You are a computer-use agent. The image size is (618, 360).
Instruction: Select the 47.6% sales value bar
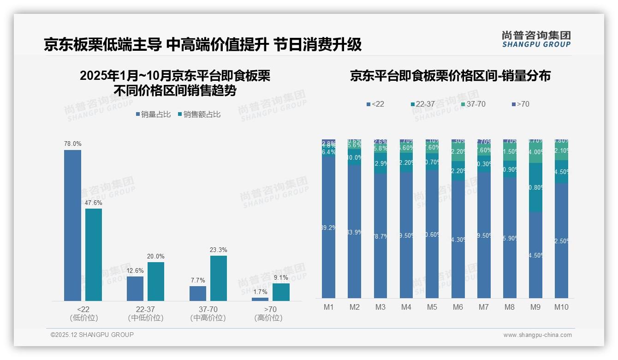click(94, 255)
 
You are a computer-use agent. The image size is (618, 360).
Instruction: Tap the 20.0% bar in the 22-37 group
click(156, 282)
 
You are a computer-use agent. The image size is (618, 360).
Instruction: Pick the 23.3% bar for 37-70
click(219, 278)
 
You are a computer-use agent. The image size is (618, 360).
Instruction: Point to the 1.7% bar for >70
click(260, 300)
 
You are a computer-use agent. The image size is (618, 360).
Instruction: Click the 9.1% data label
click(281, 278)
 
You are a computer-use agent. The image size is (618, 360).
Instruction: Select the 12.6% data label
click(135, 271)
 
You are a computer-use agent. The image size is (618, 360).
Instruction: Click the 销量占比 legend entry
click(153, 114)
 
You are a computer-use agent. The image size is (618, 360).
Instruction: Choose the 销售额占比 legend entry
click(199, 114)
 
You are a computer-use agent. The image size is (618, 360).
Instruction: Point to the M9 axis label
click(535, 307)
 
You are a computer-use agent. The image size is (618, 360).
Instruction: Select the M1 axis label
click(329, 307)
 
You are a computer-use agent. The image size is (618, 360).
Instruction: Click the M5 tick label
click(432, 307)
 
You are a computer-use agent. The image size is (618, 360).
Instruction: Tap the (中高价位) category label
click(208, 318)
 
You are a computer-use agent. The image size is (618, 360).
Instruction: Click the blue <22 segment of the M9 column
click(535, 255)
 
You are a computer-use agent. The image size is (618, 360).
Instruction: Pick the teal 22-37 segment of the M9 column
click(535, 187)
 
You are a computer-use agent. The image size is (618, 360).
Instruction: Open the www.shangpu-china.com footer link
click(537, 335)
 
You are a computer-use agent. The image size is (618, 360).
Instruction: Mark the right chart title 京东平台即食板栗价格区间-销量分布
click(450, 76)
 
